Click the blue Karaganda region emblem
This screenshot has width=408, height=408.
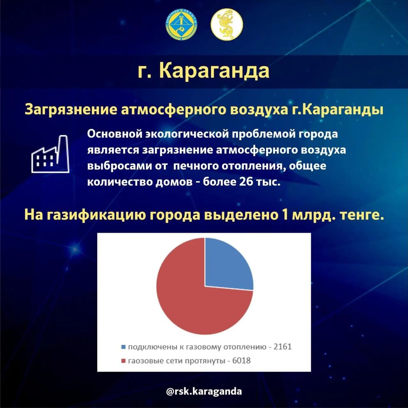pyautogui.click(x=182, y=25)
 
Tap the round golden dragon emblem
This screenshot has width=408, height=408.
pyautogui.click(x=227, y=24)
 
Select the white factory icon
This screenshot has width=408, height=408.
pyautogui.click(x=50, y=154)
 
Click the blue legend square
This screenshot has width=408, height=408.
pyautogui.click(x=123, y=347)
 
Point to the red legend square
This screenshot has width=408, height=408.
pyautogui.click(x=123, y=361)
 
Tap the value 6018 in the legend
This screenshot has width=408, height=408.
pyautogui.click(x=241, y=360)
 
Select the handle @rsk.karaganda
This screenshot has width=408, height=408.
pyautogui.click(x=204, y=391)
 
